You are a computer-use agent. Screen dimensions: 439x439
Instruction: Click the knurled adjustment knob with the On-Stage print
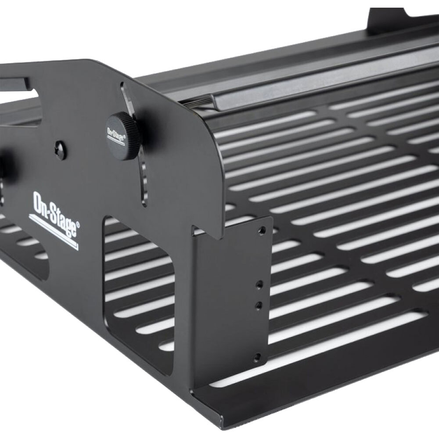(x=123, y=136)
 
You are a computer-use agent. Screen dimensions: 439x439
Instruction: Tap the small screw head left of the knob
(x=61, y=150)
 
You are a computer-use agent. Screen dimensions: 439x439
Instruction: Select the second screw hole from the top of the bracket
(x=259, y=284)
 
